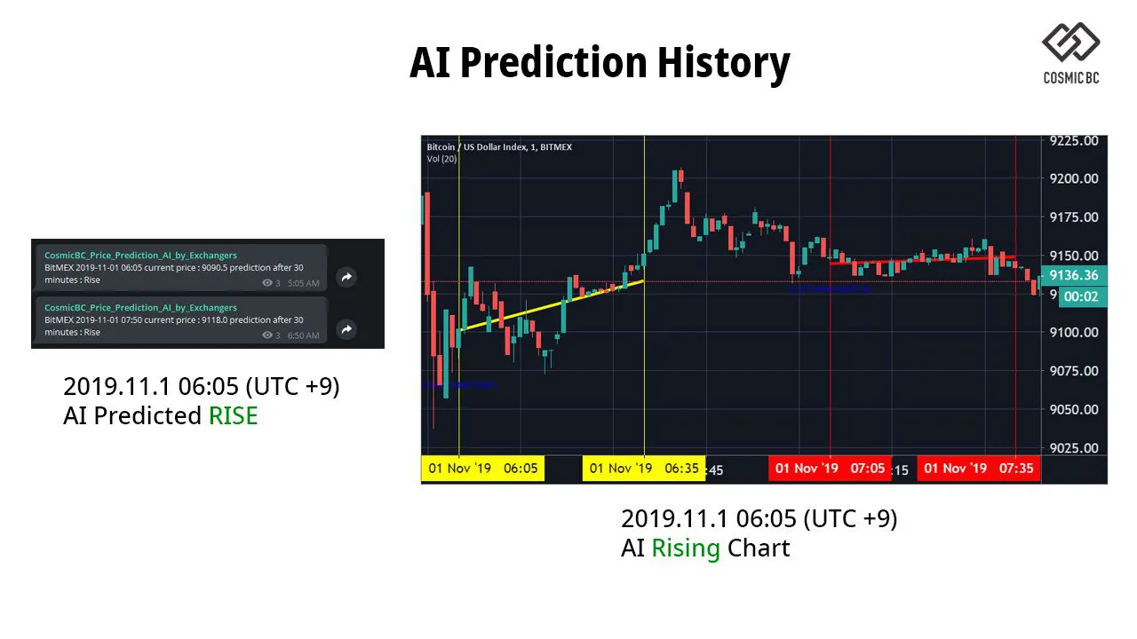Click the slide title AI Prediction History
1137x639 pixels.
[x=600, y=63]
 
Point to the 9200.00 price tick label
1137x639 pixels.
[x=1073, y=178]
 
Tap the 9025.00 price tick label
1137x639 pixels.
[x=1073, y=448]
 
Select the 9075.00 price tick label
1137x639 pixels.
[x=1073, y=371]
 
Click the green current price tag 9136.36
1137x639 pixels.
[x=1073, y=276]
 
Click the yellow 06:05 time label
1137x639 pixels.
[x=482, y=469]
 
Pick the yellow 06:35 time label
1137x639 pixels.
[x=643, y=469]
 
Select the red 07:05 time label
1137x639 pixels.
[x=830, y=469]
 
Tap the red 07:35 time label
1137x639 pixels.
[x=979, y=469]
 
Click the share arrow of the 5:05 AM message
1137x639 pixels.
[x=346, y=277]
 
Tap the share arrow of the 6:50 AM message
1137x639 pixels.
[x=346, y=329]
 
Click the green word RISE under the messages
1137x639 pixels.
[x=233, y=415]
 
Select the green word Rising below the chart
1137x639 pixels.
[x=685, y=548]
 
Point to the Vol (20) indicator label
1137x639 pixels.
[x=441, y=159]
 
